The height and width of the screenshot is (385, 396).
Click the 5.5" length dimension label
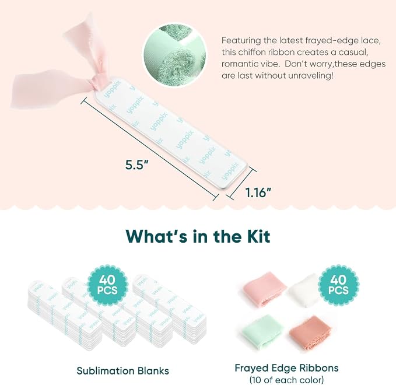click(x=136, y=165)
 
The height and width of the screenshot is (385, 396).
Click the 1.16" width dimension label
click(x=258, y=192)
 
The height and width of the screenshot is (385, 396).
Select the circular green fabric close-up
click(x=174, y=55)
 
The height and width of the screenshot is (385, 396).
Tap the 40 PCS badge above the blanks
click(x=107, y=285)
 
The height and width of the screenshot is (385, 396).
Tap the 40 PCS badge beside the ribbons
click(x=338, y=285)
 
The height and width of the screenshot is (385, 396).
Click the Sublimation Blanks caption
click(x=122, y=371)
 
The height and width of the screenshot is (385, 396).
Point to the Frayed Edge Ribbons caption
click(x=286, y=368)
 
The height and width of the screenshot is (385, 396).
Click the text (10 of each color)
click(x=286, y=380)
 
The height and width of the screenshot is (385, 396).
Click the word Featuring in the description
click(x=241, y=41)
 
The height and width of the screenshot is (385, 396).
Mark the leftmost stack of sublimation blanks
click(x=64, y=317)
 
